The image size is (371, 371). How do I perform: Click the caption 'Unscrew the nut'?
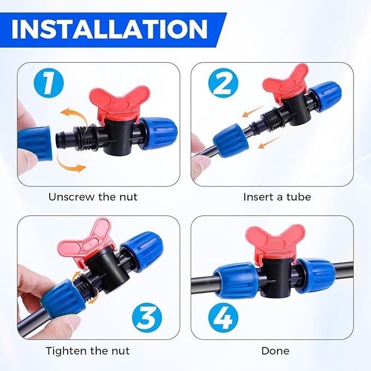[x=93, y=197]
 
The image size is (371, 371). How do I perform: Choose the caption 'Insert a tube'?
[x=277, y=197]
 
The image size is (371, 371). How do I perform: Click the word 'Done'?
[x=276, y=350]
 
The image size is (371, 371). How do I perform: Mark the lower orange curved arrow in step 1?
[x=73, y=166]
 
